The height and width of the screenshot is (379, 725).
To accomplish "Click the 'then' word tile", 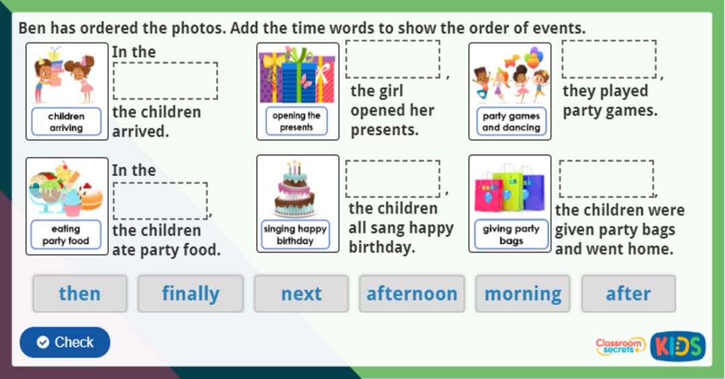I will [79, 294].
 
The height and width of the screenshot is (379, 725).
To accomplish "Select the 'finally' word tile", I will [191, 294].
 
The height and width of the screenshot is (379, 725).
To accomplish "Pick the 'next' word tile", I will [301, 294].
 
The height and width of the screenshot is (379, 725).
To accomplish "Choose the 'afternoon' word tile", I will [412, 294].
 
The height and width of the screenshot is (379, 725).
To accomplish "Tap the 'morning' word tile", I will [523, 294].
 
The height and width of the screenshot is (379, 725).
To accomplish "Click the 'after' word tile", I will [628, 294].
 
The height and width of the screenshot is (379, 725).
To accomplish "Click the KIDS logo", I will [677, 346].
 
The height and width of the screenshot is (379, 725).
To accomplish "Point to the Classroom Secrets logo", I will [620, 346].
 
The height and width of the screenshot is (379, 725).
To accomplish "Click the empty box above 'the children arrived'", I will [165, 81].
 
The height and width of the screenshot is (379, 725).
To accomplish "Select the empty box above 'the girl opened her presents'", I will [393, 59].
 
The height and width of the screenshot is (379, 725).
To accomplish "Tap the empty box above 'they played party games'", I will [609, 59].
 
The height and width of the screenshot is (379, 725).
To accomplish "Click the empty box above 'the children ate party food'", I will [160, 200].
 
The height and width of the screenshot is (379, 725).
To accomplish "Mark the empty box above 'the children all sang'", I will [393, 179].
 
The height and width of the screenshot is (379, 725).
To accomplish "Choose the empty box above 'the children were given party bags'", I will [606, 179].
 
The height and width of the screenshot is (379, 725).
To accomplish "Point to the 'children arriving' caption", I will [66, 122].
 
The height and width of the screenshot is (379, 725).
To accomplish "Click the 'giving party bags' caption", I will [511, 234].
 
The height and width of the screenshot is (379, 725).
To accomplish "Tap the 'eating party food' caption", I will [66, 235].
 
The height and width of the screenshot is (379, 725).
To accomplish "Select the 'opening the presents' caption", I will [296, 121].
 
